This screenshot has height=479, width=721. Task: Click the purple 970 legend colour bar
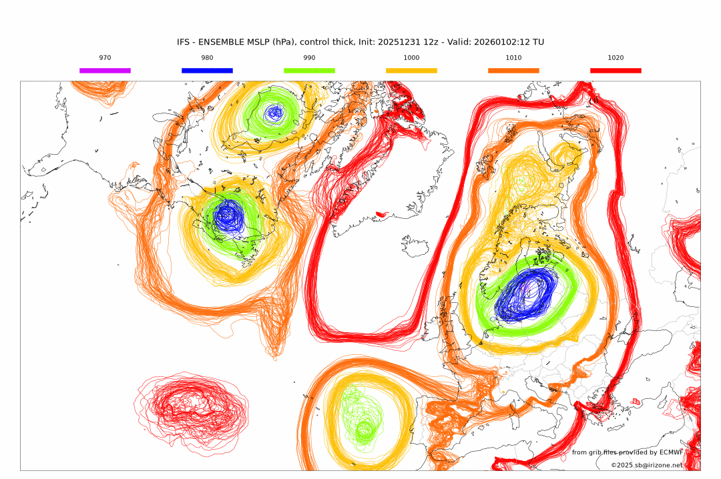tap(105, 70)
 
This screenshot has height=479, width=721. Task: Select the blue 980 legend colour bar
tap(207, 70)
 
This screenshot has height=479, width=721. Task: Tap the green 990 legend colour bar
tap(309, 70)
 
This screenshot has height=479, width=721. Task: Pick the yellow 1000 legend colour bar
tap(411, 70)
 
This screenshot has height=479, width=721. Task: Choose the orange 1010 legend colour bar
tap(513, 70)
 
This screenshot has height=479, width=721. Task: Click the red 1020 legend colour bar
tap(616, 70)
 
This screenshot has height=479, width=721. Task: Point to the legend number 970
tap(105, 58)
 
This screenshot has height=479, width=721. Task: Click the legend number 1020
tap(616, 58)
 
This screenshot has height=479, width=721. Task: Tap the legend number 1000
tap(411, 58)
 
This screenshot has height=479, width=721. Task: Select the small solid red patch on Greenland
tap(382, 214)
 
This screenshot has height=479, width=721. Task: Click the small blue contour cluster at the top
tap(274, 113)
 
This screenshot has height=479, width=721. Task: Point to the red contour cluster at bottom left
tap(190, 407)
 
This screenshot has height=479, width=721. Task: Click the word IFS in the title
tap(184, 42)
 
